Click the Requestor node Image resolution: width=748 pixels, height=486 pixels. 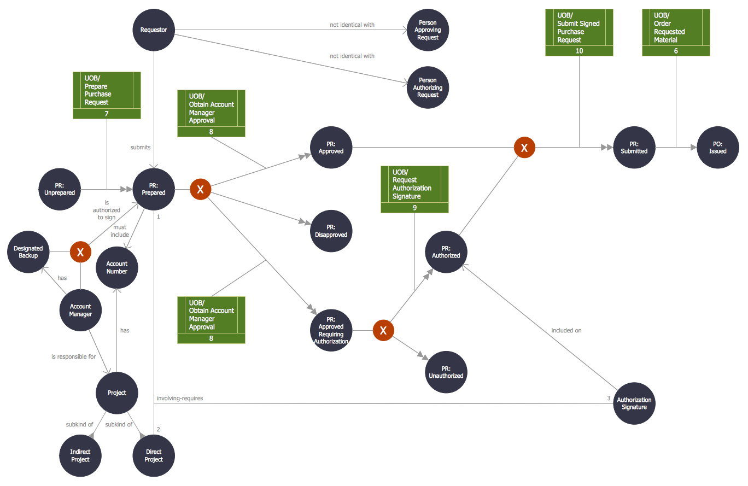[154, 30]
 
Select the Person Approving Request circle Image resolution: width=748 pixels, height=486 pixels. [428, 30]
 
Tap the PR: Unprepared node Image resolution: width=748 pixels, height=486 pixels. [60, 189]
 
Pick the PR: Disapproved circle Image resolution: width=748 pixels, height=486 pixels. [331, 231]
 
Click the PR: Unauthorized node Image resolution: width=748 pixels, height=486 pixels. [446, 372]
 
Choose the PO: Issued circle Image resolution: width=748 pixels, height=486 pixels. [717, 148]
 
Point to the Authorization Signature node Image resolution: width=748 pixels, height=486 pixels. [634, 403]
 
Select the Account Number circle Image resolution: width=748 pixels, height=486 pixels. [117, 267]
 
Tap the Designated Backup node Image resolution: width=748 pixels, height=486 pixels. [28, 252]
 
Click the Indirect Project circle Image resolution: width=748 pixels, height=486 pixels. [80, 455]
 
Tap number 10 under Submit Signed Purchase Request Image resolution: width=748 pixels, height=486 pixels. [579, 51]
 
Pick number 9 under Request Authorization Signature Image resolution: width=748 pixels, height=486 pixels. [414, 208]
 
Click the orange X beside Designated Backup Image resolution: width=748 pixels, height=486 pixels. [80, 252]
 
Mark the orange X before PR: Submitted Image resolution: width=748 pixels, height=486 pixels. [524, 148]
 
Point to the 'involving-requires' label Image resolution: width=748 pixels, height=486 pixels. [179, 398]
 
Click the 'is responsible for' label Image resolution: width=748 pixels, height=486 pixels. [73, 356]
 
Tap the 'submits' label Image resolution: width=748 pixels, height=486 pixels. [141, 147]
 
